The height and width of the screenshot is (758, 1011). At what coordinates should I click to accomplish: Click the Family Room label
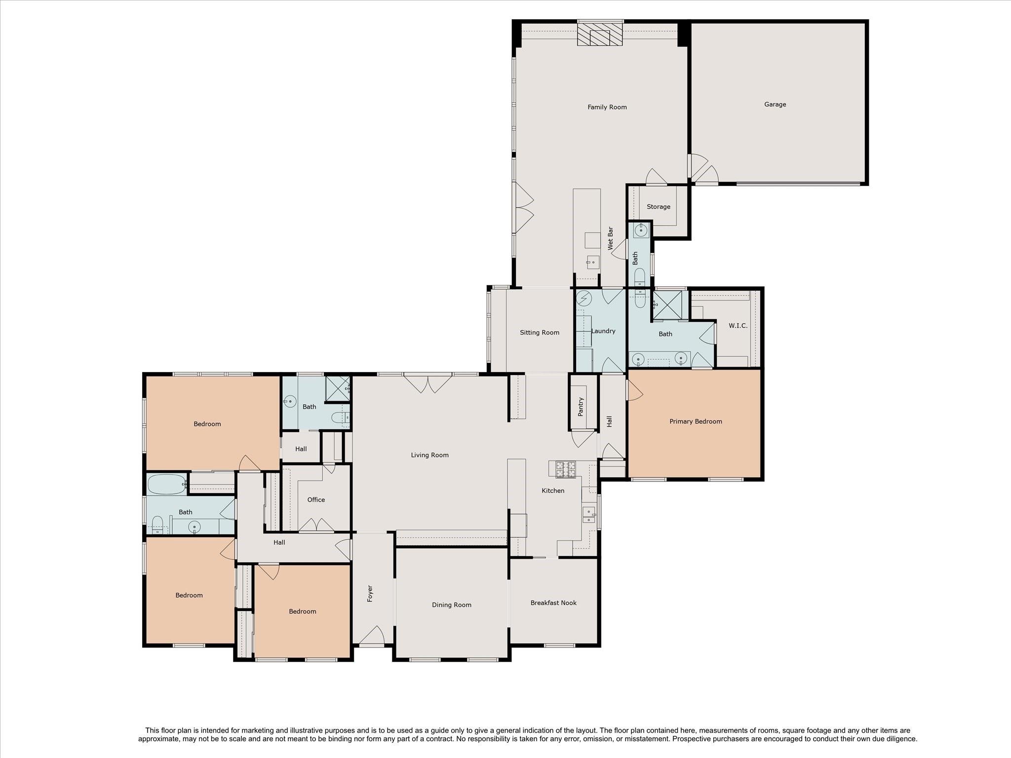(x=607, y=107)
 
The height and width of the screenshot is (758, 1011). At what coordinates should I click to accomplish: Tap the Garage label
(x=775, y=105)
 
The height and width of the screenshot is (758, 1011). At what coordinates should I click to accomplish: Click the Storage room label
(x=658, y=207)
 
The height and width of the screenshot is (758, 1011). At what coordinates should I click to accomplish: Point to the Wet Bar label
(x=610, y=237)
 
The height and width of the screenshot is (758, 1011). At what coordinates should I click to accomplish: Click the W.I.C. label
(x=738, y=326)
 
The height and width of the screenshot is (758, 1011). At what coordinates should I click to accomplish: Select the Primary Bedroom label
(x=695, y=421)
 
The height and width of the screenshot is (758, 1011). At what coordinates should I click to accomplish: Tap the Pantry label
(x=581, y=407)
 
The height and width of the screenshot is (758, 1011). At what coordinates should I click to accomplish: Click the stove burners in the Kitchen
(x=566, y=469)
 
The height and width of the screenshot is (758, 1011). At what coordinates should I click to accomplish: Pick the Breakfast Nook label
(x=553, y=603)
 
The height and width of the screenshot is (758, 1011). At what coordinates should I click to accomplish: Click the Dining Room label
(x=451, y=605)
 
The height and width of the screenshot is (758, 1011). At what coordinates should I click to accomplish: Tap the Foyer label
(x=370, y=594)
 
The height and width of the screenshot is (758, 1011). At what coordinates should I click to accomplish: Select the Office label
(x=316, y=500)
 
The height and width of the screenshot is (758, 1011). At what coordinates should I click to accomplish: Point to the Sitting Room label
(x=539, y=333)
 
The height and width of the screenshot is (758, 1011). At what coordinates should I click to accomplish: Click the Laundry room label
(x=603, y=331)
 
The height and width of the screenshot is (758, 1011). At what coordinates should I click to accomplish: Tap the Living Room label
(x=429, y=455)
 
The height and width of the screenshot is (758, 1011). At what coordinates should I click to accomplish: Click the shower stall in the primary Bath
(x=667, y=304)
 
